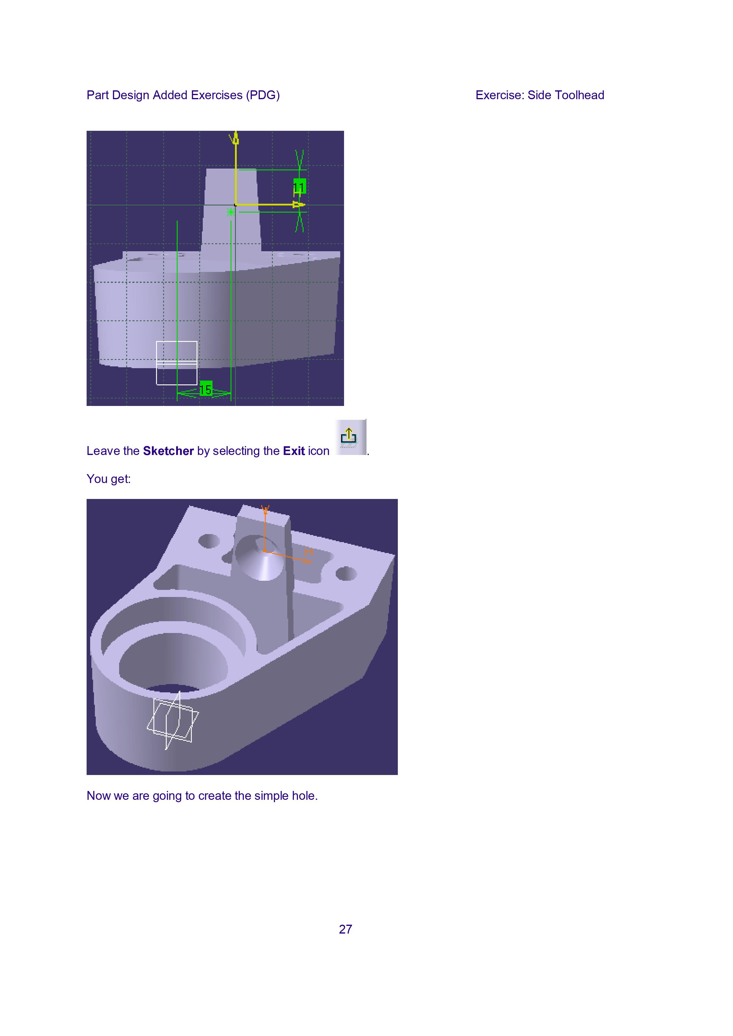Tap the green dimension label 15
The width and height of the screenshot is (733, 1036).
pyautogui.click(x=206, y=389)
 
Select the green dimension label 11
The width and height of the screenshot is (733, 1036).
pyautogui.click(x=299, y=186)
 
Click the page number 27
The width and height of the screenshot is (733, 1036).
pyautogui.click(x=346, y=929)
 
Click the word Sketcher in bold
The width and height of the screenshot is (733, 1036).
pyautogui.click(x=168, y=451)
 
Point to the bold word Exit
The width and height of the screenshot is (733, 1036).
pyautogui.click(x=294, y=451)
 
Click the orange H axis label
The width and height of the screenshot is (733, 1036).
pyautogui.click(x=309, y=552)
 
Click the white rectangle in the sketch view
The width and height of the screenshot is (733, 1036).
pyautogui.click(x=176, y=363)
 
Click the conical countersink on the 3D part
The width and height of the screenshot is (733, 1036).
pyautogui.click(x=260, y=558)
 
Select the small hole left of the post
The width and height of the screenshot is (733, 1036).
pyautogui.click(x=209, y=541)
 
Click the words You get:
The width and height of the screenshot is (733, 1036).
pyautogui.click(x=109, y=479)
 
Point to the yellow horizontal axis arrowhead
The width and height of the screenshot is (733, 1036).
pyautogui.click(x=299, y=205)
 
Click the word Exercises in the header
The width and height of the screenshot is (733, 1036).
pyautogui.click(x=217, y=95)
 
